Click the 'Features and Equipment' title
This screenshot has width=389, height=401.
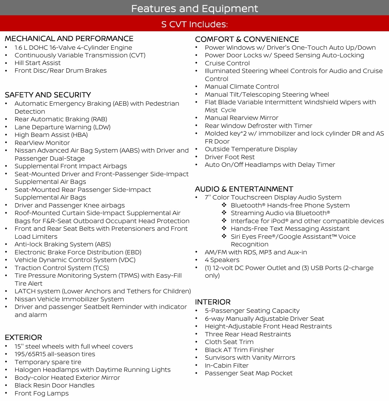coord(194,8)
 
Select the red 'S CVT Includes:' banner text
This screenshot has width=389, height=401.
coord(194,24)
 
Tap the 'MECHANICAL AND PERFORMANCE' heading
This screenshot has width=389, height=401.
coord(69,39)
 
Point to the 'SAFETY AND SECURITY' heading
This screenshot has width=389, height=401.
coord(48,95)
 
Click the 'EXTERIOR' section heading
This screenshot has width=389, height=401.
coord(23,337)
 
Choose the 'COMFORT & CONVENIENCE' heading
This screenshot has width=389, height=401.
coord(247,39)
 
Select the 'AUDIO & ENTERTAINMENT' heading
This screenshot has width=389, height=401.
coord(244,189)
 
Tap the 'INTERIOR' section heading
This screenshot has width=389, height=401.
coord(213,302)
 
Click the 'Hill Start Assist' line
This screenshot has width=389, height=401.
coord(37,63)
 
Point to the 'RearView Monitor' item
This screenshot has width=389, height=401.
coord(42,143)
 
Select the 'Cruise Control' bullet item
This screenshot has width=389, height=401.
coord(227,63)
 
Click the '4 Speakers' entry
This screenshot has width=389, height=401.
coord(222,260)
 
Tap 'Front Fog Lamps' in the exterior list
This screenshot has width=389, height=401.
coord(42,393)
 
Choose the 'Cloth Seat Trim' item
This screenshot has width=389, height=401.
coord(229,342)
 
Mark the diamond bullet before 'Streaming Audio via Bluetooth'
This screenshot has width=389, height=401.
coord(224,213)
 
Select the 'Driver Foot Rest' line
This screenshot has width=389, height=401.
coord(229,157)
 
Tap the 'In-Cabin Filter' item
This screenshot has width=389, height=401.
coord(227,366)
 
